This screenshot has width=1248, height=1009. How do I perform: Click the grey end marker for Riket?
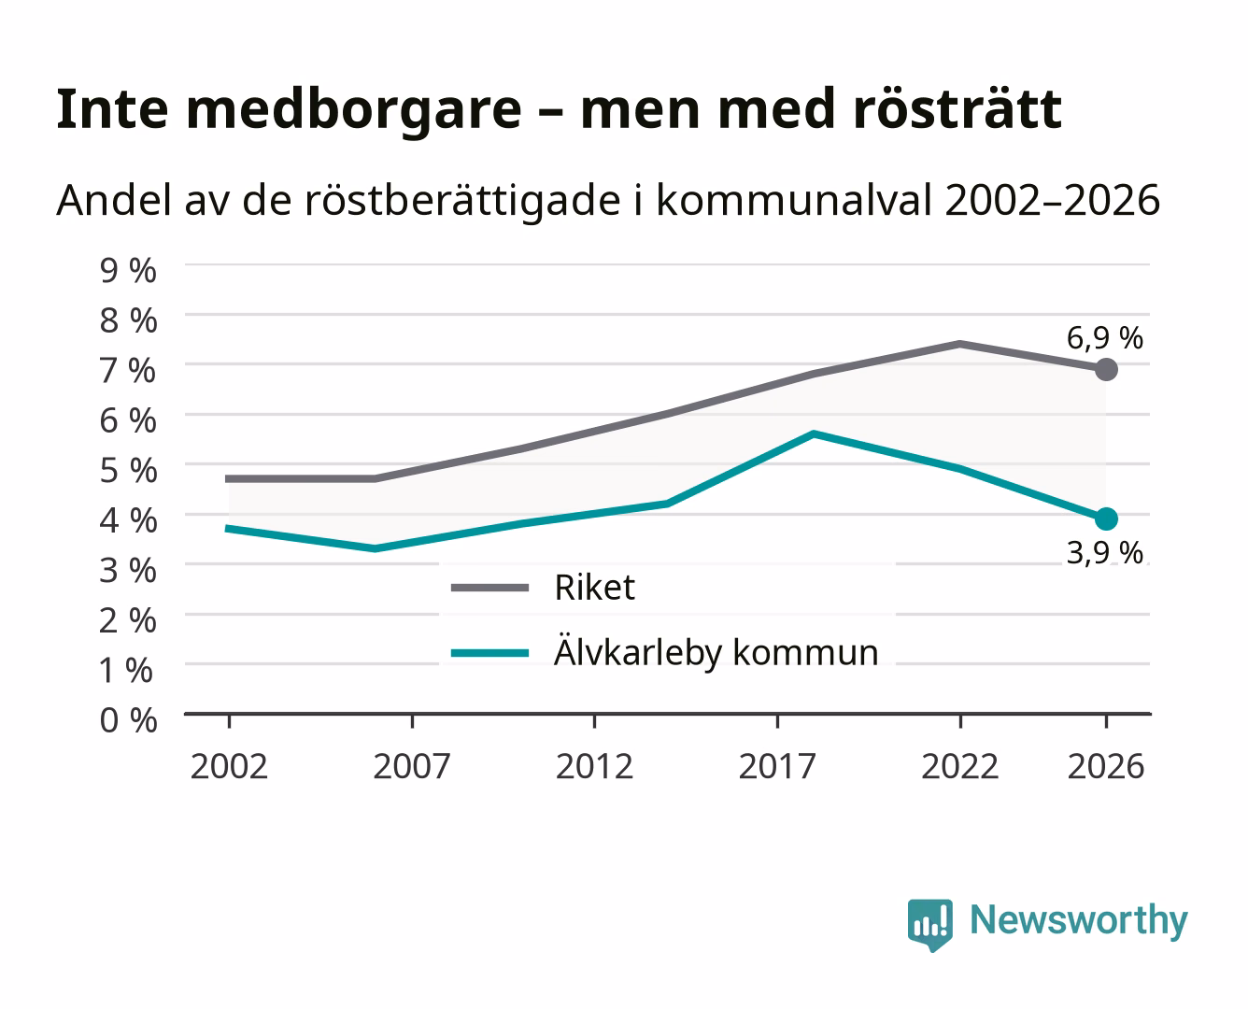pos(1106,369)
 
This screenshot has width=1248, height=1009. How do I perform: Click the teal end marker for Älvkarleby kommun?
pos(1106,519)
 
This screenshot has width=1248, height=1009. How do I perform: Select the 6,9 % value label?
pos(1104,338)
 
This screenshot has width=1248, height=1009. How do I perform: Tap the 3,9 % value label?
pos(1104,552)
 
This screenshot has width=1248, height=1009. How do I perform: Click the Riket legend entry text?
pos(595,587)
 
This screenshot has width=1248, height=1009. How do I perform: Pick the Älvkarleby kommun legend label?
pos(716,651)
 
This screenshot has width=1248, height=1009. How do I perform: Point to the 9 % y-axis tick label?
pos(128,271)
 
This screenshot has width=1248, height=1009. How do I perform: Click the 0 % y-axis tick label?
pos(128,720)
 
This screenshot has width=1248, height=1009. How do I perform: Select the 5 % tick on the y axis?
pos(128,471)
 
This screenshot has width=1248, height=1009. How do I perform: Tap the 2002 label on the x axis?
pos(229,766)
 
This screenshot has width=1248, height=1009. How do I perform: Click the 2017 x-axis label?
pos(777,766)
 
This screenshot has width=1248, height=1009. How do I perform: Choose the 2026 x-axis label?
pos(1106,766)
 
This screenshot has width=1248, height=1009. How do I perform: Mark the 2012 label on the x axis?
pos(594,766)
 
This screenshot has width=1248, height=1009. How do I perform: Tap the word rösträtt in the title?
pos(957,108)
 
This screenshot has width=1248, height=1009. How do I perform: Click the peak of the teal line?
pos(814,434)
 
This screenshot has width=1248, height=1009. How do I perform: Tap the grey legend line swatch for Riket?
pos(489,588)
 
